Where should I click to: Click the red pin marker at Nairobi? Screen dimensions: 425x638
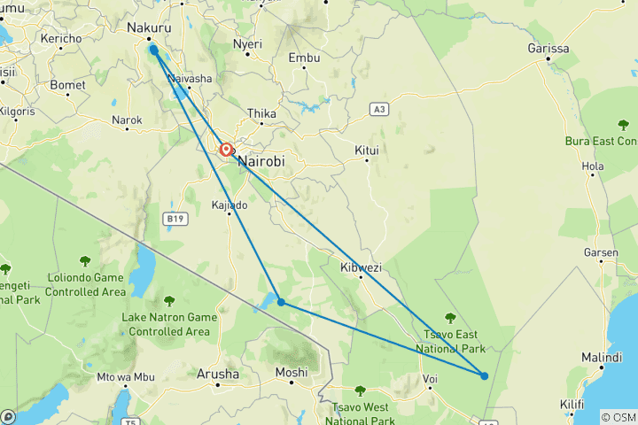coord(227,151)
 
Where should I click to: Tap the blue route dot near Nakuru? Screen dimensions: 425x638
coord(155,50)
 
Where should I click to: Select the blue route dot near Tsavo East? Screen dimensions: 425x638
coord(485,375)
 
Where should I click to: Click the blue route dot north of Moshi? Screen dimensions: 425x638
coord(281,302)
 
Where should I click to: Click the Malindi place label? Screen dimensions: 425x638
coord(602,358)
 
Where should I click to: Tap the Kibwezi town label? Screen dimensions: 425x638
coord(361,267)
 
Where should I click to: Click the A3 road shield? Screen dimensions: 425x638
coord(380,109)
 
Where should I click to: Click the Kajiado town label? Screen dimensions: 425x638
coord(229,205)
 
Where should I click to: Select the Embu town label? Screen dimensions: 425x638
coord(303,58)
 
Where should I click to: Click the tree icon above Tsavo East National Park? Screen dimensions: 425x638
coord(451,318)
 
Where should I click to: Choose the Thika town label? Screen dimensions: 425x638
coord(261,113)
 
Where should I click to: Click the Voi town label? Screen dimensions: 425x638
coord(431,379)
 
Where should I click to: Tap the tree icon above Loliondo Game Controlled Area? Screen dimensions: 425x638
coord(86,260)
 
